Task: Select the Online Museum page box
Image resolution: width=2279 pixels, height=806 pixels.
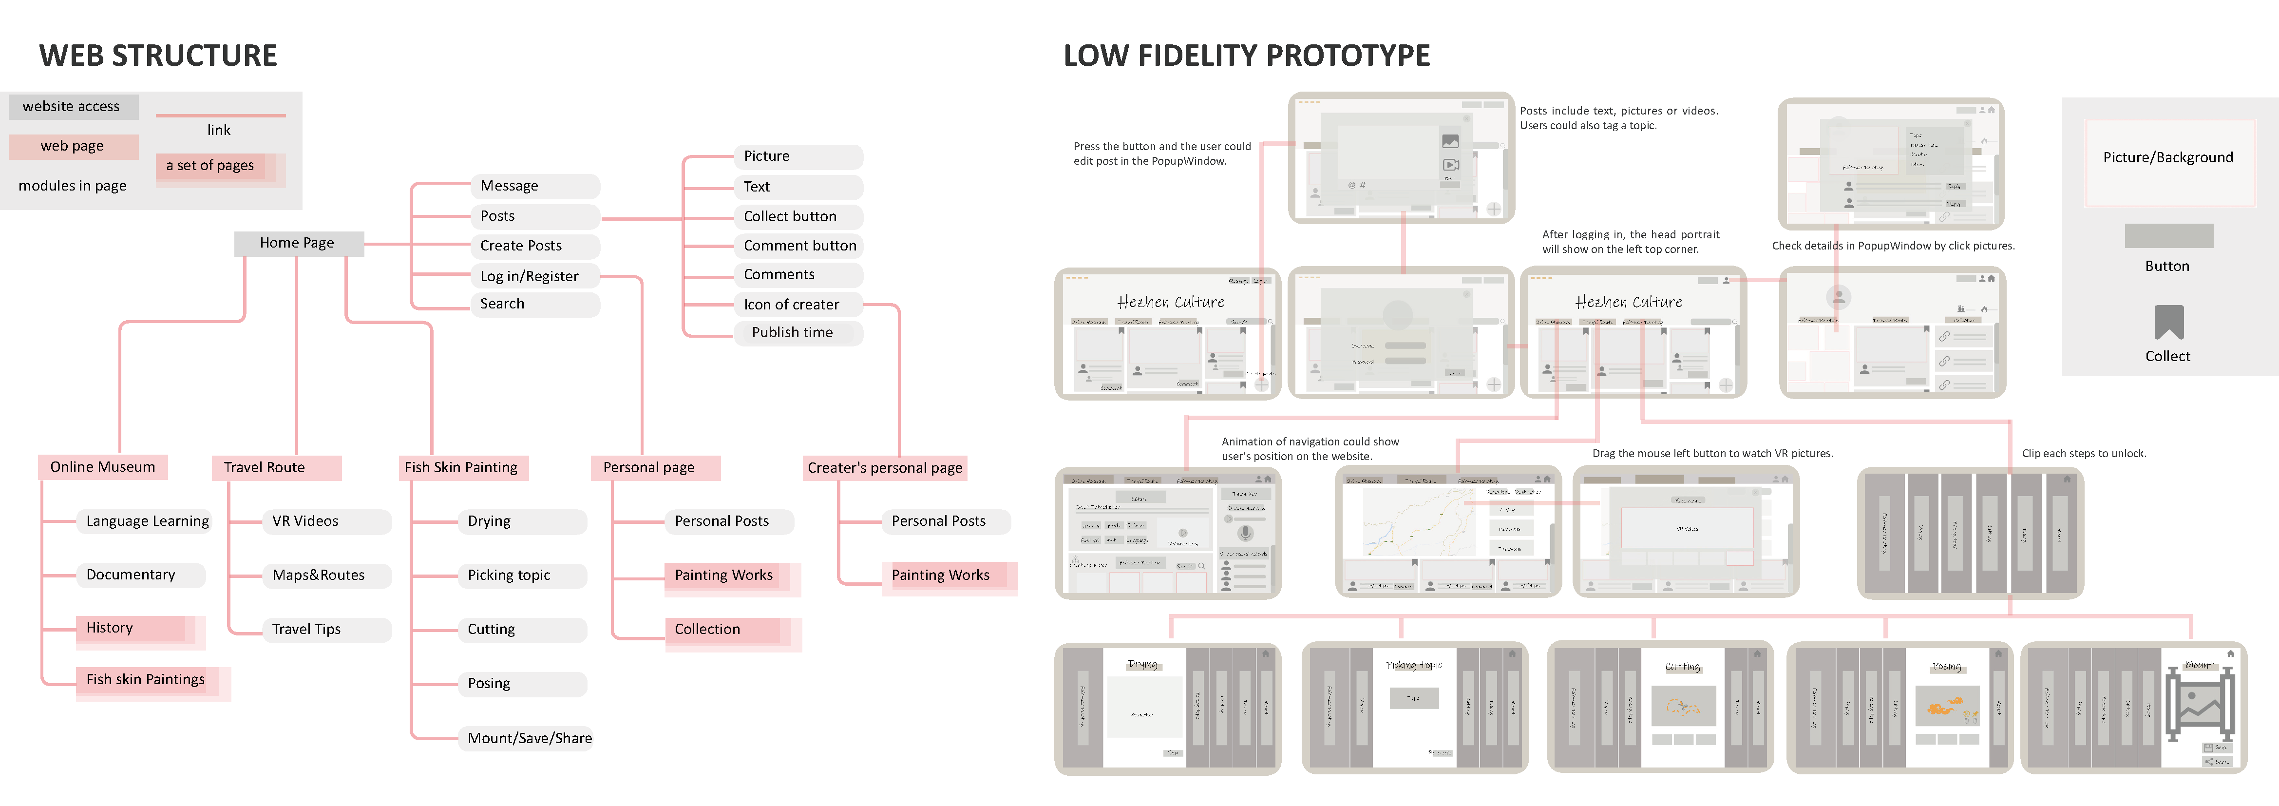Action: (x=103, y=467)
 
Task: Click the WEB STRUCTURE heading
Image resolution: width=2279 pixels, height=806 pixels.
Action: (x=158, y=56)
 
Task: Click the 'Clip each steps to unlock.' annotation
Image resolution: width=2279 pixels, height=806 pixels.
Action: (x=2084, y=454)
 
